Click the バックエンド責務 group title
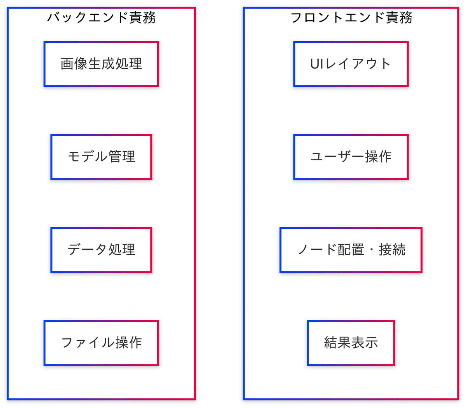click(102, 18)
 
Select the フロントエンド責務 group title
click(351, 18)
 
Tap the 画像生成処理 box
click(101, 64)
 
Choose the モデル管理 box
click(101, 157)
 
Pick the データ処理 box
click(101, 250)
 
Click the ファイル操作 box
click(101, 343)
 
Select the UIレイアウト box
click(351, 64)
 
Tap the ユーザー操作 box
click(351, 157)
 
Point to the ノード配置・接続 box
click(351, 250)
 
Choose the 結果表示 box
click(351, 343)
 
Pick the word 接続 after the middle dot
click(392, 250)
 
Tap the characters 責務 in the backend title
click(142, 18)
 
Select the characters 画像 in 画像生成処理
click(74, 64)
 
